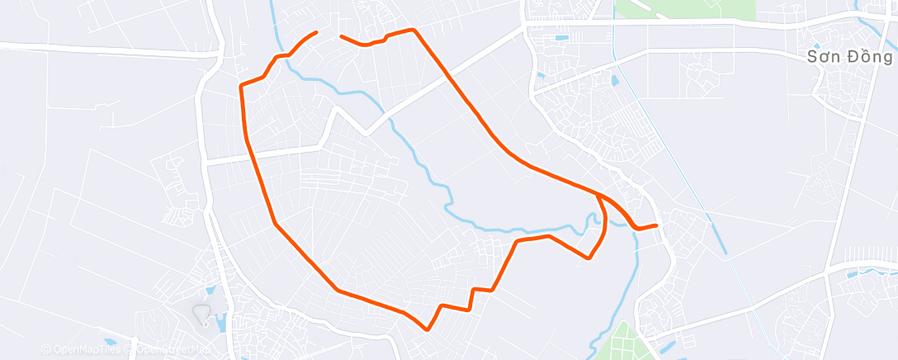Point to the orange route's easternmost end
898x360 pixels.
click(656, 225)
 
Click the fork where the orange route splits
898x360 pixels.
click(596, 194)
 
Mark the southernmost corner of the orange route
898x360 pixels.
click(427, 329)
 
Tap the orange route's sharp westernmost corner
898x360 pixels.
click(240, 86)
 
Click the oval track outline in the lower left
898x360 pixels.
click(201, 313)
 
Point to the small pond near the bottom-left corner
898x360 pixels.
click(110, 341)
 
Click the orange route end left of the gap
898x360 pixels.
click(316, 32)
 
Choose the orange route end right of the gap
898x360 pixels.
click(341, 36)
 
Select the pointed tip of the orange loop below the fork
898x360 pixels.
click(588, 258)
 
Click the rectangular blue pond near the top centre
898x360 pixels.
click(561, 37)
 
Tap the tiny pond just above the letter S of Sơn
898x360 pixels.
click(816, 46)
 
